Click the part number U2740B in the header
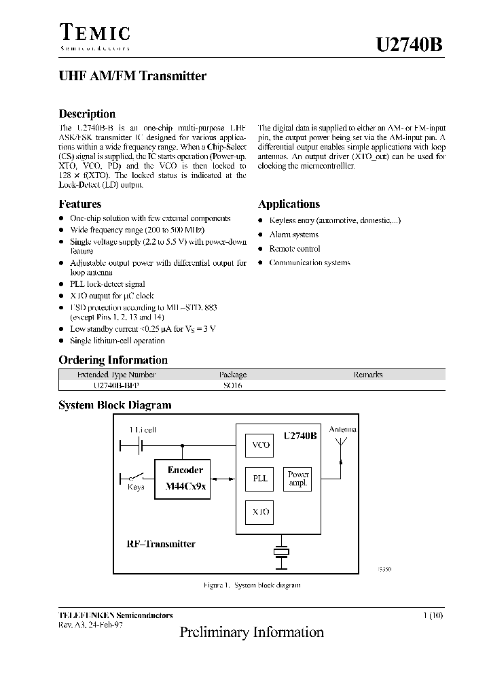pyautogui.click(x=410, y=45)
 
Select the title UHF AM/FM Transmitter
pyautogui.click(x=132, y=76)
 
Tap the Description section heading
pyautogui.click(x=87, y=114)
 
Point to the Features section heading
pyautogui.click(x=79, y=204)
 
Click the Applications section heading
pyautogui.click(x=289, y=204)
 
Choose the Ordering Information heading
pyautogui.click(x=113, y=360)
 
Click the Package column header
pyautogui.click(x=232, y=375)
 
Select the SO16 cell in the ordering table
pyautogui.click(x=232, y=385)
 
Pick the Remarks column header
pyautogui.click(x=367, y=375)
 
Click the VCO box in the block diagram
pyautogui.click(x=261, y=445)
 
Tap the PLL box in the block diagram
pyautogui.click(x=261, y=478)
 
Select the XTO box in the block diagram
pyautogui.click(x=261, y=511)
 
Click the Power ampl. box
pyautogui.click(x=298, y=479)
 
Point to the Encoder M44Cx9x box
pyautogui.click(x=185, y=479)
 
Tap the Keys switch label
pyautogui.click(x=136, y=487)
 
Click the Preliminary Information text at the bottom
pyautogui.click(x=251, y=632)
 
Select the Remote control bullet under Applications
pyautogui.click(x=295, y=249)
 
